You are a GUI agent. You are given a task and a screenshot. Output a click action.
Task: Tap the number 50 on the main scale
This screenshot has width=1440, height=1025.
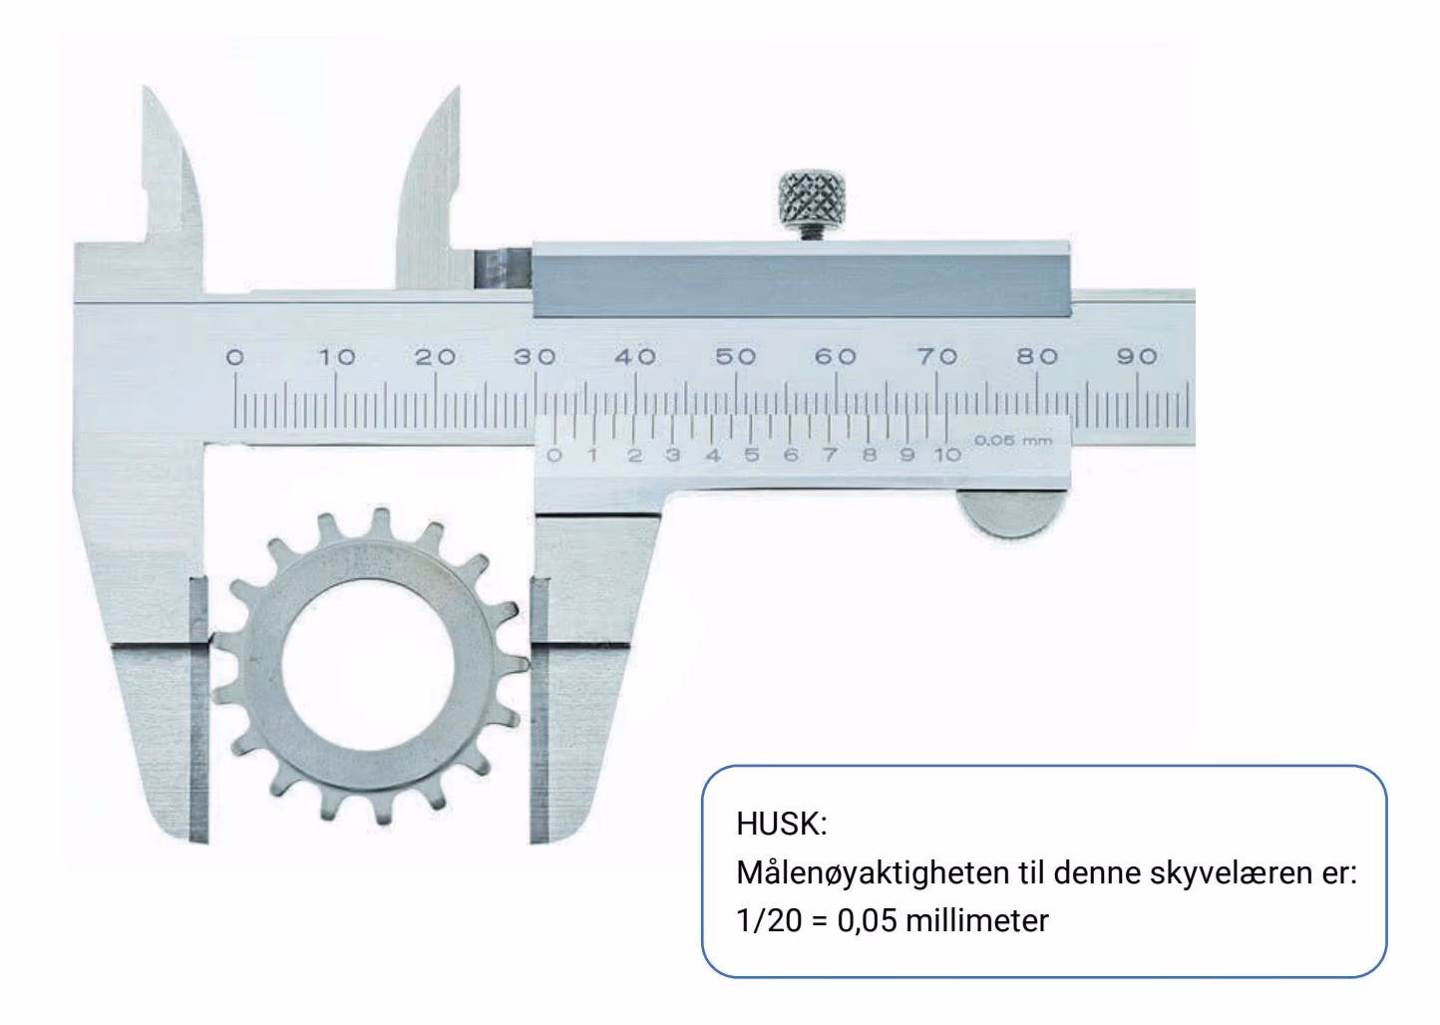736,356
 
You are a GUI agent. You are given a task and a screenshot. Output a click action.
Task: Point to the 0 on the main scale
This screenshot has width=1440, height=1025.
235,357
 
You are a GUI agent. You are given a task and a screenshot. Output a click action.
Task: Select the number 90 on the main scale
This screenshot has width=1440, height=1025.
1137,356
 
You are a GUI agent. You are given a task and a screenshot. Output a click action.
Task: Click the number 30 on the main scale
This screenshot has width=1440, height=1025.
535,356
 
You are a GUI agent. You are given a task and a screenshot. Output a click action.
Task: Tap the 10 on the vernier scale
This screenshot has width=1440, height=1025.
947,455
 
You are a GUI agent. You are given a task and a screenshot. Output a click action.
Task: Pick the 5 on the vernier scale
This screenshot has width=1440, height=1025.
752,455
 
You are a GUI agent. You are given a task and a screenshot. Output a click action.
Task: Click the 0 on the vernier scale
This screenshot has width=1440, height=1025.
553,456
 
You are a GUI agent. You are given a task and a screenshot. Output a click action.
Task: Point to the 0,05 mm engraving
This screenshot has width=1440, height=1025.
1013,441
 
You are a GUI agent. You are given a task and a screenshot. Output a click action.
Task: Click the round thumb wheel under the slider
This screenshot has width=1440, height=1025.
1010,512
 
